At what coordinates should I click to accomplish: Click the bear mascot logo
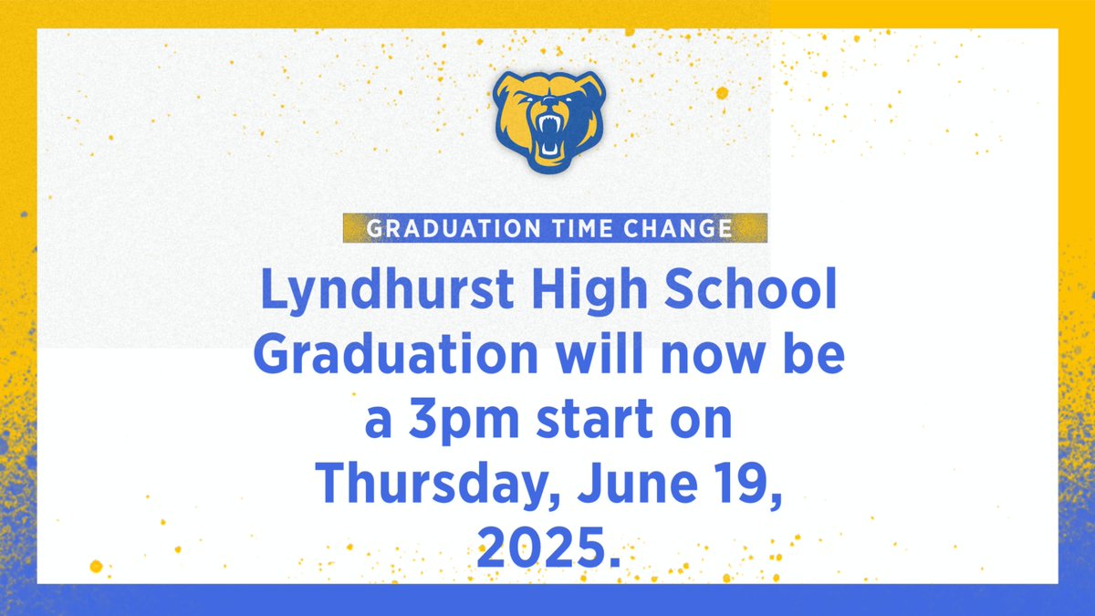[548, 120]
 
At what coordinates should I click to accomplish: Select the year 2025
[541, 548]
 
